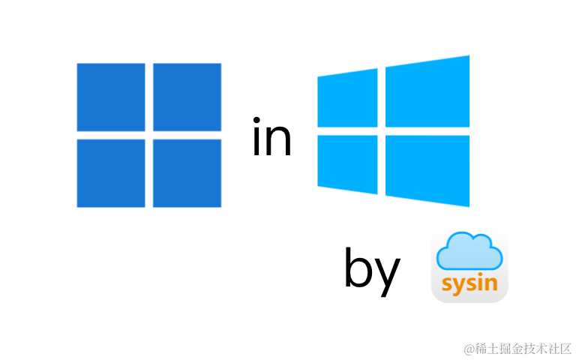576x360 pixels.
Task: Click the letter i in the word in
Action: pos(257,142)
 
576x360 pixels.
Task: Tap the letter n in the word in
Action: pos(279,143)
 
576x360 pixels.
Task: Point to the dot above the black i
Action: pos(257,121)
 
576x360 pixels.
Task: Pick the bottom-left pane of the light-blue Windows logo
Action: pos(346,164)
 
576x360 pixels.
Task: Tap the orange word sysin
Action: pos(469,285)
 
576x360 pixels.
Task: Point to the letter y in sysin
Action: pos(459,287)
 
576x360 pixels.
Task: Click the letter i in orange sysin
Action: pos(481,283)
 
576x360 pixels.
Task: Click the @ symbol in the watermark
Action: pos(468,347)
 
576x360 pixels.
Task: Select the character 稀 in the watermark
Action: pos(480,347)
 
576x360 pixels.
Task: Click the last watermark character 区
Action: pos(565,347)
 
